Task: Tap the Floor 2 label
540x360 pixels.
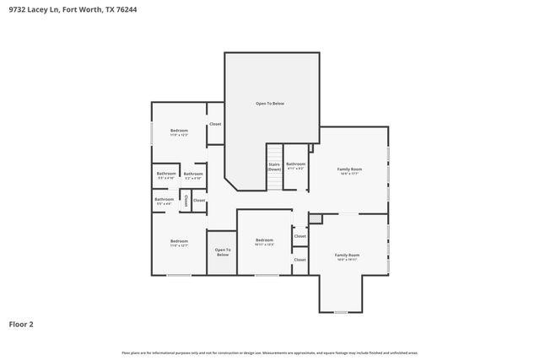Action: pyautogui.click(x=22, y=324)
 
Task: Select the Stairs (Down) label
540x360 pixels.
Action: pyautogui.click(x=274, y=167)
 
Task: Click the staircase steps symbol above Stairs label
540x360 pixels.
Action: pyautogui.click(x=274, y=151)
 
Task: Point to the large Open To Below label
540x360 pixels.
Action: pyautogui.click(x=270, y=104)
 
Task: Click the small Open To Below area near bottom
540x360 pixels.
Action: pyautogui.click(x=222, y=252)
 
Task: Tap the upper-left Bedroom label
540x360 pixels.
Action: pyautogui.click(x=179, y=132)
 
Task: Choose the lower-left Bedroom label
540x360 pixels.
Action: pyautogui.click(x=179, y=244)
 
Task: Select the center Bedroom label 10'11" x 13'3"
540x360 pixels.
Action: pyautogui.click(x=265, y=242)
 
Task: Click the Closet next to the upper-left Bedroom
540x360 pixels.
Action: pyautogui.click(x=215, y=124)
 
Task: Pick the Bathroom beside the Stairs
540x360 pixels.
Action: pyautogui.click(x=295, y=165)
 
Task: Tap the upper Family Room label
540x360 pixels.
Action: pyautogui.click(x=349, y=170)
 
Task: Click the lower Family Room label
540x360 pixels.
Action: pyautogui.click(x=347, y=256)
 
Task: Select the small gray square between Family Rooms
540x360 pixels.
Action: pyautogui.click(x=316, y=218)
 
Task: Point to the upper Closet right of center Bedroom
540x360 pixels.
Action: pyautogui.click(x=300, y=236)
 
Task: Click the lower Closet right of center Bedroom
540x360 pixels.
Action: pyautogui.click(x=300, y=260)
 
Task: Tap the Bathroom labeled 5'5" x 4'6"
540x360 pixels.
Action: pyautogui.click(x=165, y=201)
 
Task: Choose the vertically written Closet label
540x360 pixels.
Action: pyautogui.click(x=186, y=201)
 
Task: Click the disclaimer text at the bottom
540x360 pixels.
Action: pyautogui.click(x=270, y=352)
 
